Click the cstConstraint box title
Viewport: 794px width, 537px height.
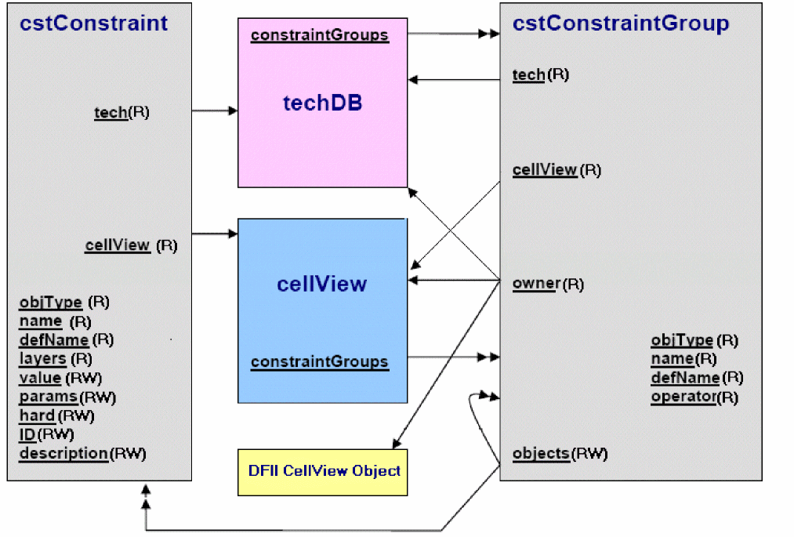tap(94, 24)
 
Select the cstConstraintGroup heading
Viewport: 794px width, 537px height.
tap(621, 24)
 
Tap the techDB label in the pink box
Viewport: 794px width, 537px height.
tap(322, 103)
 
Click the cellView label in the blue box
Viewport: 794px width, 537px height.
tap(321, 283)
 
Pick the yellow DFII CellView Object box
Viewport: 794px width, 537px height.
tap(322, 471)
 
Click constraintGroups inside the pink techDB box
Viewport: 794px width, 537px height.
tap(319, 35)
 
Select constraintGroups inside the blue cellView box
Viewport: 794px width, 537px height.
tap(319, 361)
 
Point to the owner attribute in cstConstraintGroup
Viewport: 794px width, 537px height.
tap(535, 283)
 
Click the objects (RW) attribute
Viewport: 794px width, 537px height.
tap(541, 453)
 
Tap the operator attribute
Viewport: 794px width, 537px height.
tap(683, 397)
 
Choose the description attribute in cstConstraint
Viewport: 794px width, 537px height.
tap(63, 453)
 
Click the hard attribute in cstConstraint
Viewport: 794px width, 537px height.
tap(37, 415)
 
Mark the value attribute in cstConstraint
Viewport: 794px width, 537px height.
tap(40, 378)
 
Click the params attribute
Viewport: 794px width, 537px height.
tap(48, 397)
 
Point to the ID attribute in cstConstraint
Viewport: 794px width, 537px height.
tap(27, 434)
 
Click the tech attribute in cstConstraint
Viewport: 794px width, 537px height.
tap(111, 112)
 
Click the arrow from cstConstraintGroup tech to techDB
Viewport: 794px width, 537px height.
tap(454, 79)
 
